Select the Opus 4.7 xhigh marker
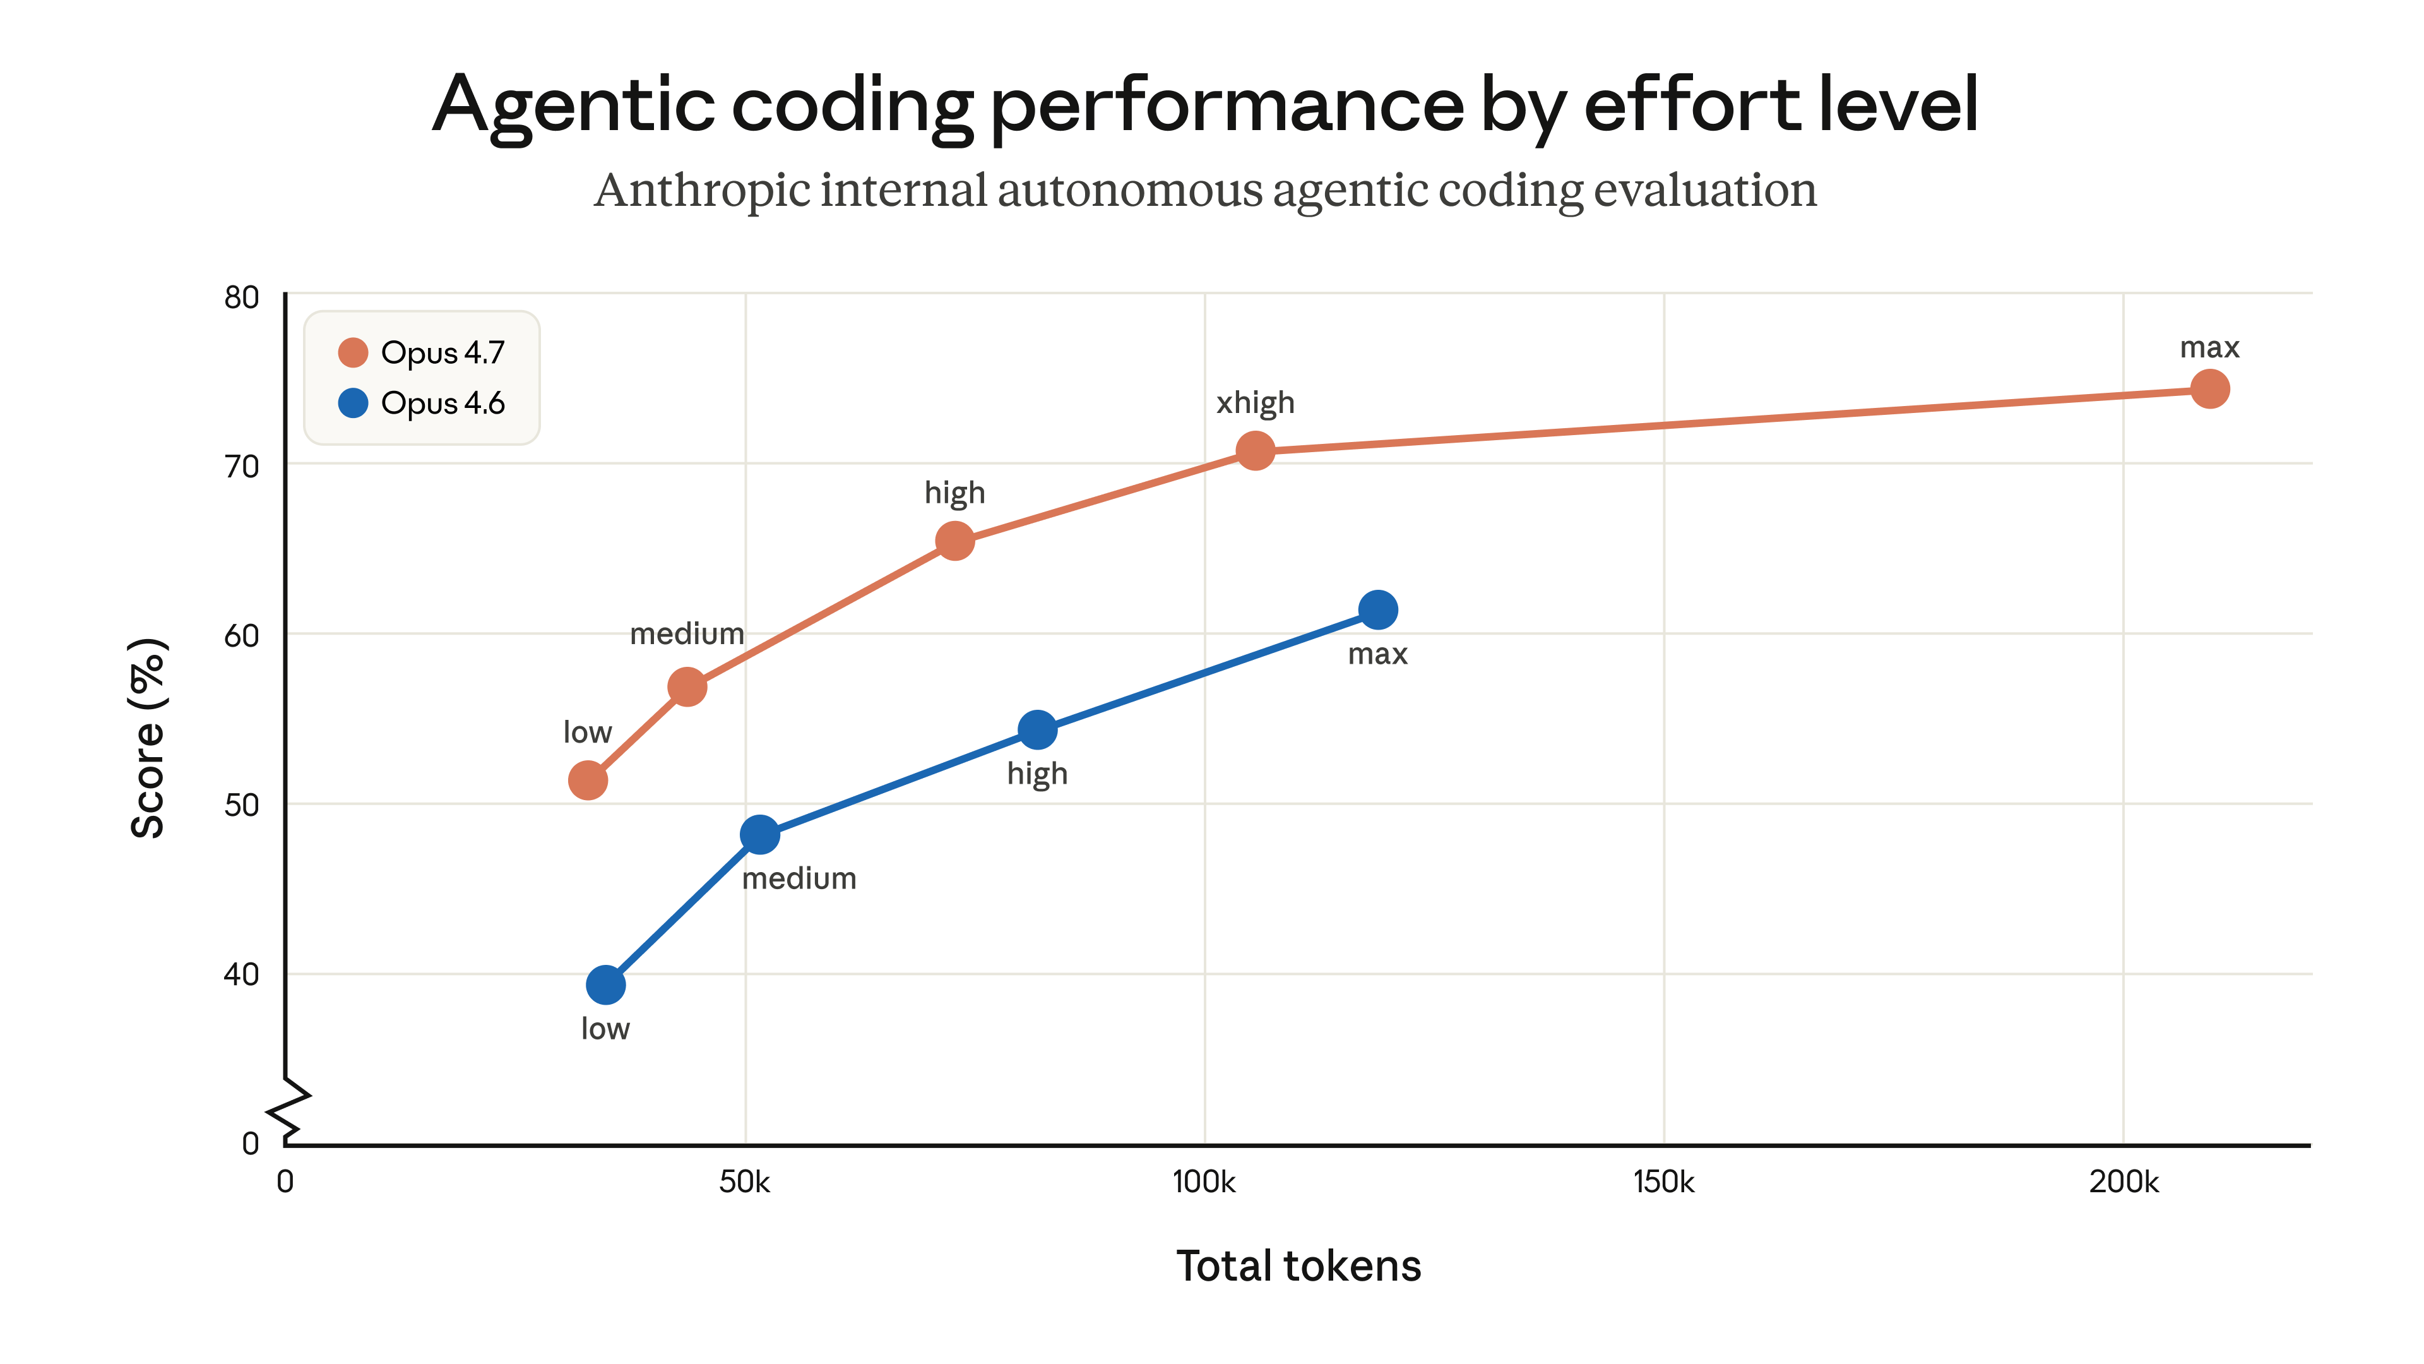[1254, 451]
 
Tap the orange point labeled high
[954, 541]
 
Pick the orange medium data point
[687, 687]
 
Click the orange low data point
[587, 781]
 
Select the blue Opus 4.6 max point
[1377, 610]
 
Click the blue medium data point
[759, 834]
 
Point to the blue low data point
[605, 984]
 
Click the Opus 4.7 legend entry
[422, 352]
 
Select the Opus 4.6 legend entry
[422, 403]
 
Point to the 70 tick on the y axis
[241, 466]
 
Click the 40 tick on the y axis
[241, 974]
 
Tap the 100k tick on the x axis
[1204, 1182]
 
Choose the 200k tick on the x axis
[2123, 1182]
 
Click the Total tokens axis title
[1298, 1266]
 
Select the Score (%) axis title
[148, 738]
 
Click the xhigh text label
[1254, 403]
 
